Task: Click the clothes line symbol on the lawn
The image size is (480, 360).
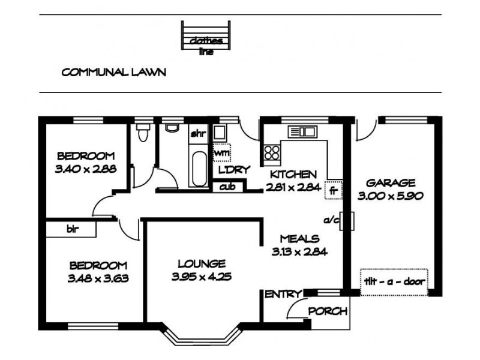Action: click(205, 35)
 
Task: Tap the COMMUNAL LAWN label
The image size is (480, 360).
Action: click(114, 72)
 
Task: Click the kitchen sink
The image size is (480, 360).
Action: click(301, 131)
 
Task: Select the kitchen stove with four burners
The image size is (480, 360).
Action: click(272, 152)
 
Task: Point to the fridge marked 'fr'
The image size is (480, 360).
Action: click(333, 190)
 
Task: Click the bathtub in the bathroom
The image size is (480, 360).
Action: click(199, 169)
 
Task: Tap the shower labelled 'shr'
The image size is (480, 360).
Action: click(199, 133)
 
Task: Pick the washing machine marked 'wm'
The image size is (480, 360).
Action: click(221, 152)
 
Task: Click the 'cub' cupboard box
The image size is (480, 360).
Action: click(228, 187)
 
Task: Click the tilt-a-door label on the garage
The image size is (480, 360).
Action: click(394, 281)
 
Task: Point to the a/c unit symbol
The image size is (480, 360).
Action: click(347, 221)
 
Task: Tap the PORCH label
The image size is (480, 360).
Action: click(328, 311)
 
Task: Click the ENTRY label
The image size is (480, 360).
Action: click(283, 294)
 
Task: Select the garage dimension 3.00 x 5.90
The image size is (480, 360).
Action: click(391, 196)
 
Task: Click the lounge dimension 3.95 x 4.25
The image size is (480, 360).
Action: click(202, 277)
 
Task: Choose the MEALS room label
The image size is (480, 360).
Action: click(299, 239)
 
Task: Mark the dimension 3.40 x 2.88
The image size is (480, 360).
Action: click(86, 169)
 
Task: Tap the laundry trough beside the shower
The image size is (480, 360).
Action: click(220, 133)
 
